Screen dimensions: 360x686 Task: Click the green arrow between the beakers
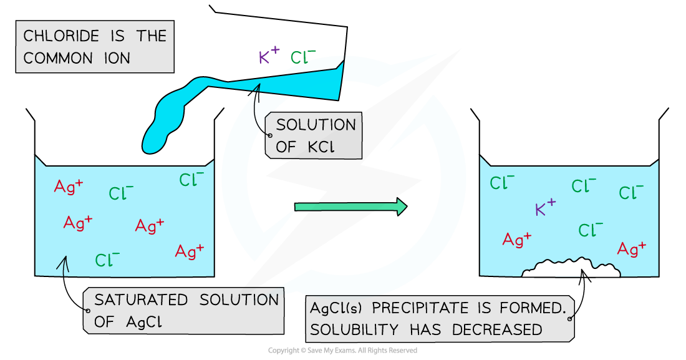coord(349,207)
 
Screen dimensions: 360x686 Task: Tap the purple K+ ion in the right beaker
coord(545,208)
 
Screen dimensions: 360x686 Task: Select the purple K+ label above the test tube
coord(269,57)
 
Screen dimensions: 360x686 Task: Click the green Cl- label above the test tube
coord(302,58)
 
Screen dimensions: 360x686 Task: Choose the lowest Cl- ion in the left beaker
coord(107,260)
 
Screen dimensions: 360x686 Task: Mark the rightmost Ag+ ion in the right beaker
coord(631,249)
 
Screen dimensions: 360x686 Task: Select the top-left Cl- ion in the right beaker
coord(502,183)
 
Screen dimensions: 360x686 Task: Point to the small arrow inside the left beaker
coord(62,265)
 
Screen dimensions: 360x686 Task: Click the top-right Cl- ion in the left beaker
coord(191,180)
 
